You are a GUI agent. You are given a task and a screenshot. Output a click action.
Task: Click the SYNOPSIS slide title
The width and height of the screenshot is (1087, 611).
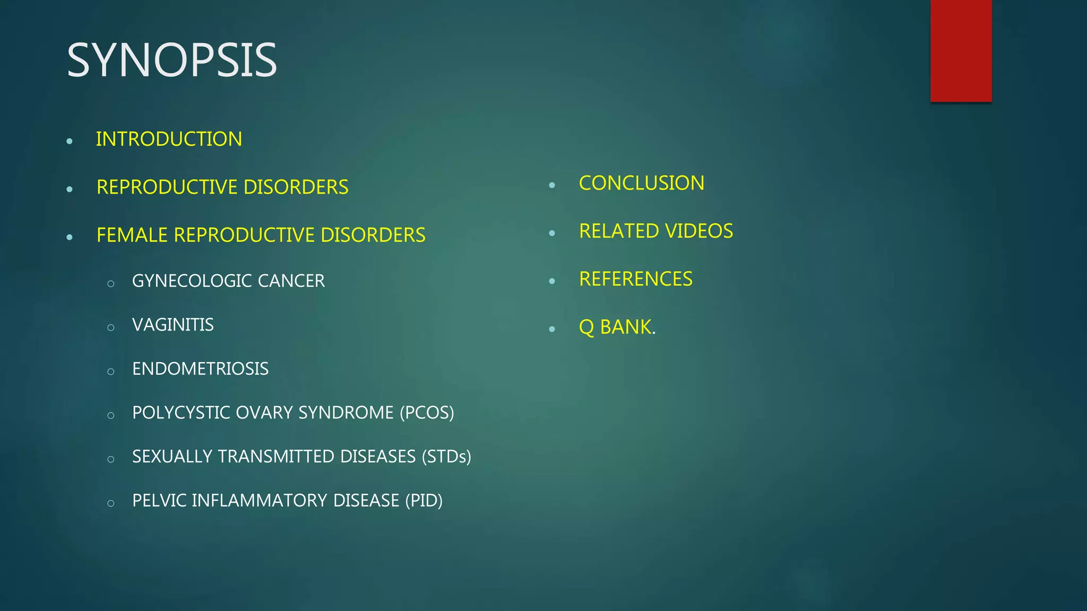click(171, 60)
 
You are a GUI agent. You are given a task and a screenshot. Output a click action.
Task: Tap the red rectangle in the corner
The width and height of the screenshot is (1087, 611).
click(961, 50)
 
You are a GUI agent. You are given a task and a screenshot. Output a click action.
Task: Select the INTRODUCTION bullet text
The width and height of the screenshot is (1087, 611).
click(169, 139)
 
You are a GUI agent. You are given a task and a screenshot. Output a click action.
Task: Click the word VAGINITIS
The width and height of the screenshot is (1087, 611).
click(172, 325)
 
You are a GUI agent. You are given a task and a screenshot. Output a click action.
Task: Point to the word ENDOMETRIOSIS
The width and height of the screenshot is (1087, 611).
click(200, 369)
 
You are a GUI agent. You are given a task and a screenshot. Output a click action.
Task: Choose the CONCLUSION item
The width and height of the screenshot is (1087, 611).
click(641, 183)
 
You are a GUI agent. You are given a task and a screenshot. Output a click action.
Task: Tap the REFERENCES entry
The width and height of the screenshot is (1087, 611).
click(635, 279)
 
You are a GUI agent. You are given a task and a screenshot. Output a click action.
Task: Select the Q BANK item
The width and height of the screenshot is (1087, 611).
click(617, 327)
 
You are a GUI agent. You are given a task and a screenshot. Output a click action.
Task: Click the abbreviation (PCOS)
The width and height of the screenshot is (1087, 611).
click(427, 413)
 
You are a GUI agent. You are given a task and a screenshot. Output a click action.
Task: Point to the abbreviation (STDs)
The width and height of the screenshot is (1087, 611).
click(446, 457)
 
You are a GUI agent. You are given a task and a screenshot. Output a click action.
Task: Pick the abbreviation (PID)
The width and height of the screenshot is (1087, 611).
click(424, 501)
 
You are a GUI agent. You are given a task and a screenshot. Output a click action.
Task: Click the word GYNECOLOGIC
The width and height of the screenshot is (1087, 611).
click(192, 281)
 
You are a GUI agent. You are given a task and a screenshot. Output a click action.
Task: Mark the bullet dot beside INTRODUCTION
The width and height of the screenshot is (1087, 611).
click(70, 141)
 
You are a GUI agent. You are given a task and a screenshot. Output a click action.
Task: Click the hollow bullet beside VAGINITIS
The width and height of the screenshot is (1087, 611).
click(110, 328)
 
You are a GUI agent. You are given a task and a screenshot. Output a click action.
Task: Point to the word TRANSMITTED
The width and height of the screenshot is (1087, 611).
click(276, 457)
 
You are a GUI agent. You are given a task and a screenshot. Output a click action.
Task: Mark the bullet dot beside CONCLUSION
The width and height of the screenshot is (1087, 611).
click(552, 185)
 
